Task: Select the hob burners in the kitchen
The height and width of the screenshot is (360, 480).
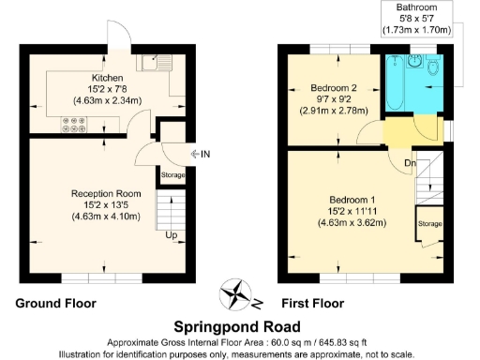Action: pyautogui.click(x=76, y=125)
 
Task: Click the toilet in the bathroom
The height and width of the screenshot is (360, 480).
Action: pyautogui.click(x=433, y=67)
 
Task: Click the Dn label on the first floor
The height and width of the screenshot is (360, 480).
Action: pyautogui.click(x=410, y=163)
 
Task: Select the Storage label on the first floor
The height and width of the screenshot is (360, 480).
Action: pyautogui.click(x=430, y=224)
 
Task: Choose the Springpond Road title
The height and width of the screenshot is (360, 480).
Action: pyautogui.click(x=240, y=327)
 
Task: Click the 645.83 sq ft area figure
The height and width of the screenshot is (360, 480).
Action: pyautogui.click(x=340, y=342)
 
